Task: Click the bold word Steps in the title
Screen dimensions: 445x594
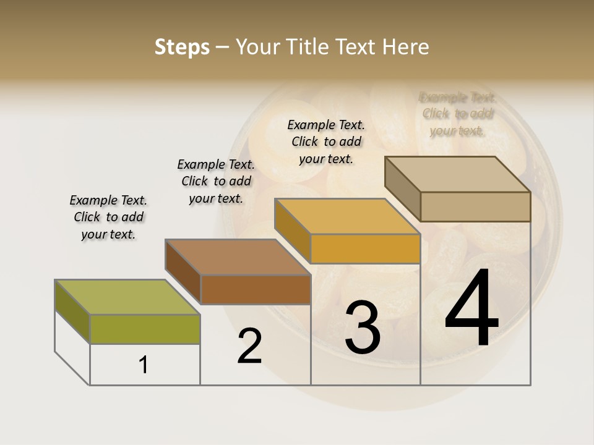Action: pyautogui.click(x=182, y=47)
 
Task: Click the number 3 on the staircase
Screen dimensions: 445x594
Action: pyautogui.click(x=363, y=328)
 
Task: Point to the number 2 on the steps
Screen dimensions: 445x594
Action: pyautogui.click(x=250, y=346)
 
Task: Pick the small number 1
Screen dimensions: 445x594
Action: pyautogui.click(x=144, y=365)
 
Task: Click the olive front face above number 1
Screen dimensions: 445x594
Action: pyautogui.click(x=145, y=329)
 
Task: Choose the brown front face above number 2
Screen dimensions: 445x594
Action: pyautogui.click(x=256, y=289)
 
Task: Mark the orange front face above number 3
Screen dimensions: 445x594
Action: pyautogui.click(x=365, y=249)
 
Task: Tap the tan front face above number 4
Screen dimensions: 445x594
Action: pyautogui.click(x=475, y=206)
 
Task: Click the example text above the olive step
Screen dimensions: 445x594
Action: pyautogui.click(x=108, y=217)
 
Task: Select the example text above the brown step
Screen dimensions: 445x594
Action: pyautogui.click(x=216, y=181)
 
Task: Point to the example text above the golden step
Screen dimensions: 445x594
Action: pyautogui.click(x=326, y=142)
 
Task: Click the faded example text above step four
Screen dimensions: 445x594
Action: pyautogui.click(x=457, y=114)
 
